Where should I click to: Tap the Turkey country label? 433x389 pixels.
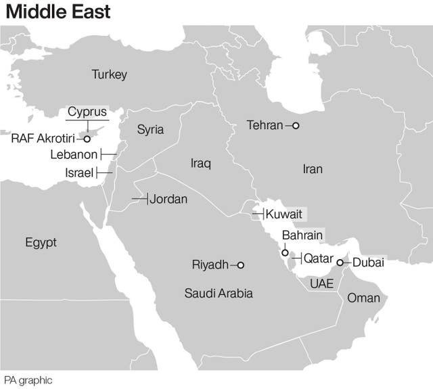coord(109,74)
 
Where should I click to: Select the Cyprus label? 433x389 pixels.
coord(87,112)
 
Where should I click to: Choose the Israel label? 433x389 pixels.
coord(79,173)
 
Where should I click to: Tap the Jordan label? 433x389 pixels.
coord(168,199)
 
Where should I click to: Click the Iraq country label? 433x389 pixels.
coord(201,163)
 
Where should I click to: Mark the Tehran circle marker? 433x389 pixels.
coord(295,125)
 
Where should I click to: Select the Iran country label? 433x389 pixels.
coord(313,169)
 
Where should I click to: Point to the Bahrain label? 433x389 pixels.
coord(302,235)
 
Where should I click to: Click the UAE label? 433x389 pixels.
coord(321,283)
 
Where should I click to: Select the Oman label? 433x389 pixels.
coord(363,298)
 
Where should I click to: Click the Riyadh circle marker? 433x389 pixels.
coord(240,265)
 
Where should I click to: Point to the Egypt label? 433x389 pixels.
coord(41,242)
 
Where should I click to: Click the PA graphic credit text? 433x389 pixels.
coord(28,380)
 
